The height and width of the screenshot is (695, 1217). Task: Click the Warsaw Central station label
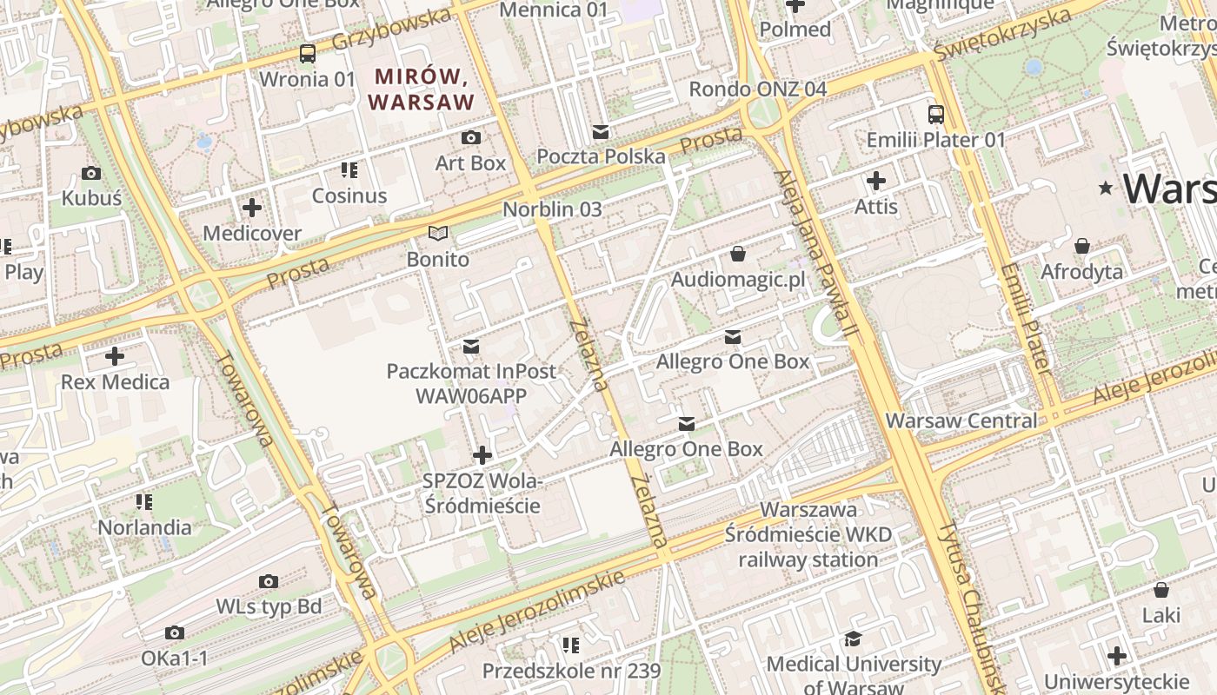pos(961,421)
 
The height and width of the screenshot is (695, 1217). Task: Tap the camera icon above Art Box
pos(470,137)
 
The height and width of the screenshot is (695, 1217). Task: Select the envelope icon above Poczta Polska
pos(601,132)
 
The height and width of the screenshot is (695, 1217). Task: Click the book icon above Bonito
pos(439,234)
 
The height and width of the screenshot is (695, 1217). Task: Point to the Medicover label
pos(252,234)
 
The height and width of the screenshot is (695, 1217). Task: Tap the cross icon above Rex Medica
pos(115,356)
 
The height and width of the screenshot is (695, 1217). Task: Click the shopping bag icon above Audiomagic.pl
pos(738,254)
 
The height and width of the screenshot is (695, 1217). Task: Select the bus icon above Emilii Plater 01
pos(936,114)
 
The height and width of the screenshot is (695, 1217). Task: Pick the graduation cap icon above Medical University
pos(854,639)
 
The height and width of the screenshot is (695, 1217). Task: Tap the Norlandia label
pos(144,527)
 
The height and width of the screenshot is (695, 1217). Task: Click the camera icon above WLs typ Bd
pos(269,581)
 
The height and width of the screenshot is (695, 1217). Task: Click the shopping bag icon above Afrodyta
pos(1082,247)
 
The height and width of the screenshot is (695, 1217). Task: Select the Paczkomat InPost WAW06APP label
pos(471,383)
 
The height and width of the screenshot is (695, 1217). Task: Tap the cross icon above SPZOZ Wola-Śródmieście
pos(482,454)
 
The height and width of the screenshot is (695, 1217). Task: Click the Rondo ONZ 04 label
pos(757,89)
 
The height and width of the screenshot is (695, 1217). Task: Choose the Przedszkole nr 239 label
pos(571,671)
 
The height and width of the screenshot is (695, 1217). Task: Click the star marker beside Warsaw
pos(1106,188)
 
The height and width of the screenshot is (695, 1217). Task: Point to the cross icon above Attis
pos(876,181)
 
